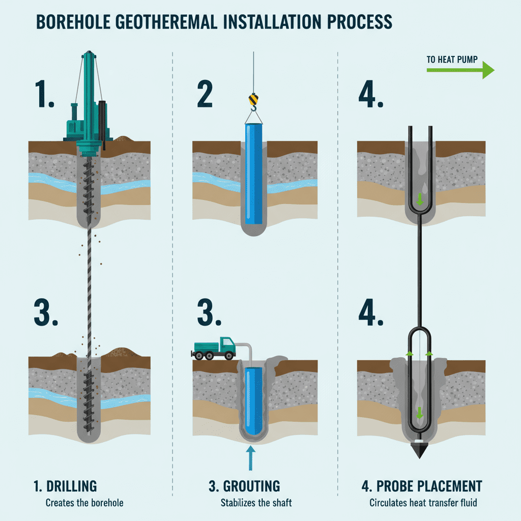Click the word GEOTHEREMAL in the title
click(166, 22)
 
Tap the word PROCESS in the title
click(360, 22)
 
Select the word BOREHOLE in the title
click(73, 22)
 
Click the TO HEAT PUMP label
click(452, 60)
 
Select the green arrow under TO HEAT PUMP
click(460, 70)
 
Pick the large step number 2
click(205, 94)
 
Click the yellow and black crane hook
click(253, 102)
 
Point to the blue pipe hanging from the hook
click(253, 174)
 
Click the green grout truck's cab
click(227, 345)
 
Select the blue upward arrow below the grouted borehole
click(251, 458)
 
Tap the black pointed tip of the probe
click(419, 451)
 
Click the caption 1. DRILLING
click(65, 486)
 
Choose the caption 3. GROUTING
click(244, 486)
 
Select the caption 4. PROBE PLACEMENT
click(422, 486)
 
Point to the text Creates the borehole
click(84, 503)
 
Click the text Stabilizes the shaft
click(256, 503)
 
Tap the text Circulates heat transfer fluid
click(423, 503)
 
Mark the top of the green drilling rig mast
click(89, 52)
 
